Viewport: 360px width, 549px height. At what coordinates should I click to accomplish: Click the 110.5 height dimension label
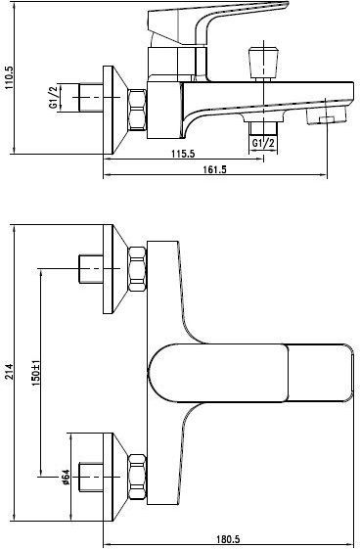(x=9, y=77)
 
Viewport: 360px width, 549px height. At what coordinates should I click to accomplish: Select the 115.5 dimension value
(x=183, y=154)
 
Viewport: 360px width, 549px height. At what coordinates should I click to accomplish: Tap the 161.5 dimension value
(x=215, y=169)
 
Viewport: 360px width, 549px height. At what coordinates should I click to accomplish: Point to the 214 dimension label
(x=9, y=372)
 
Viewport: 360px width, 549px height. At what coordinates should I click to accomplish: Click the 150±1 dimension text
(x=36, y=373)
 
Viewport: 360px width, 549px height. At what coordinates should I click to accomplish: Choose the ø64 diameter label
(x=66, y=477)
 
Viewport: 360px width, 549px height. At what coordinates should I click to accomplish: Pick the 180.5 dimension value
(x=228, y=539)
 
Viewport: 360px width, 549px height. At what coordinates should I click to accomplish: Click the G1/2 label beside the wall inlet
(x=53, y=97)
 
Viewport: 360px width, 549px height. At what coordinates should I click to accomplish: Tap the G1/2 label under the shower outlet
(x=263, y=143)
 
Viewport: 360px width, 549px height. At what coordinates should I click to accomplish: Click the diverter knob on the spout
(x=263, y=63)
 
